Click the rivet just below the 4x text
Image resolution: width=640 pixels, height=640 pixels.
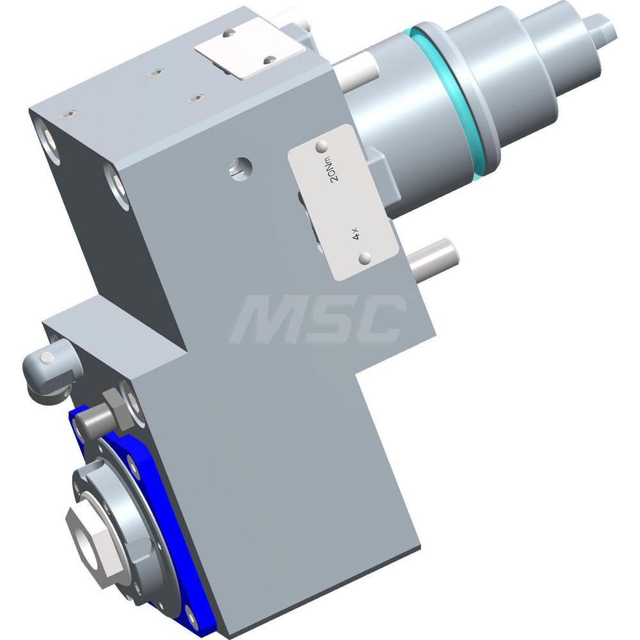(365, 258)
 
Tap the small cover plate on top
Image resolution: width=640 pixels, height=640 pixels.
(250, 48)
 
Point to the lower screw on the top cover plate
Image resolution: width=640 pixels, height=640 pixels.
(270, 60)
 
